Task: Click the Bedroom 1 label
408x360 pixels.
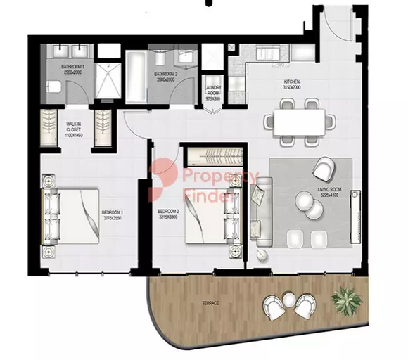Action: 113,214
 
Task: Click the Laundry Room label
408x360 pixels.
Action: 213,92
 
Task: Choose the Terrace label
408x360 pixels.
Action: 210,302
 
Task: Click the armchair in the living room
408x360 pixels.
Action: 324,169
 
